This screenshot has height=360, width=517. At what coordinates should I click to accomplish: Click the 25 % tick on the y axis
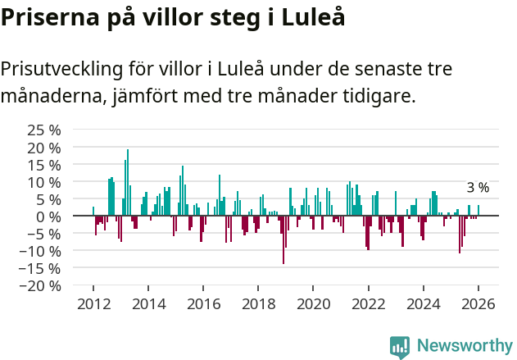pos(44,130)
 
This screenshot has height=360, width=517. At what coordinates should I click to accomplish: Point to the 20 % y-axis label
pos(44,148)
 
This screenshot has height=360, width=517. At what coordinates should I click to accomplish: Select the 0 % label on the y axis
pos(49,216)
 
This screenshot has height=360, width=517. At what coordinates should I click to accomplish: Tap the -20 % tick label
pos(42,285)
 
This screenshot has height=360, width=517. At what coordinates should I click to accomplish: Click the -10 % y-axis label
pos(42,251)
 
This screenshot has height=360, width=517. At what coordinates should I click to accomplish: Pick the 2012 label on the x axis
pos(93,304)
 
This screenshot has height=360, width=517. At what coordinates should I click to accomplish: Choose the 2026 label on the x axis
pos(478,304)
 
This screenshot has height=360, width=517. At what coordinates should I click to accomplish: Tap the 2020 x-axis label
pos(313,304)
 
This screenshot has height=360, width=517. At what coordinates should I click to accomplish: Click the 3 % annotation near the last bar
pos(478,188)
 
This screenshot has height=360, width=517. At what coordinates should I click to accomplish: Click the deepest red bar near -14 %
pos(283,239)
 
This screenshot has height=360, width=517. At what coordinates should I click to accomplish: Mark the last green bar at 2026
pos(478,211)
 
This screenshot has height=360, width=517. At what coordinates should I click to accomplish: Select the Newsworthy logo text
pos(465,345)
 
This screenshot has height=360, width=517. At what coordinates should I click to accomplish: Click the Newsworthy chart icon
pos(400,346)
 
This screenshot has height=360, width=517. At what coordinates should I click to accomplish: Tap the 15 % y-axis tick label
pos(44,165)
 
